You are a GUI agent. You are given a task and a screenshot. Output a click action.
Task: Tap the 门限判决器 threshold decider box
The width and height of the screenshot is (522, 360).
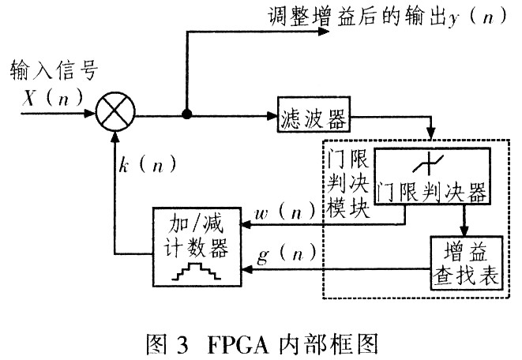coord(430,175)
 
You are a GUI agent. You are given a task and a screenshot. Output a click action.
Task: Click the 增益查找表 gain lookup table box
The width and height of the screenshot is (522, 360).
coord(466,262)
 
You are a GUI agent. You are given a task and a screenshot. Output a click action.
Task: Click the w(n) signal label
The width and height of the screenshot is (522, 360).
coord(285,213)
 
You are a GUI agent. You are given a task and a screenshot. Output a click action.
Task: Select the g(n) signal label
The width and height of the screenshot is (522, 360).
coord(286,255)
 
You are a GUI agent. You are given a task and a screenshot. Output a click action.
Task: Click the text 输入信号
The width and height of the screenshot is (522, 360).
coord(54,73)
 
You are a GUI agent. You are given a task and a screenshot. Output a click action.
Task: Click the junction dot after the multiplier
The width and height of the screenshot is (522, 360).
coord(187,114)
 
